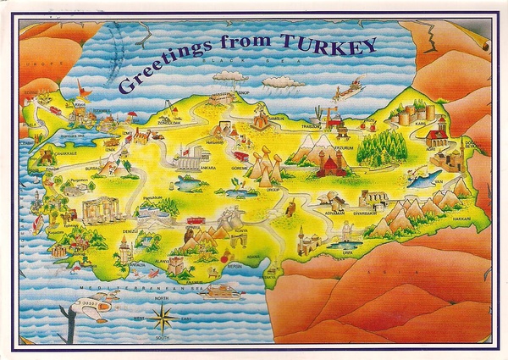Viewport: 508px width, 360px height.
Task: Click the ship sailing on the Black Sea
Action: coord(348,90)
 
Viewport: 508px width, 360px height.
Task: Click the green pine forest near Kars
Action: coord(383,147)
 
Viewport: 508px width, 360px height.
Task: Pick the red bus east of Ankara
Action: coord(241,156)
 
